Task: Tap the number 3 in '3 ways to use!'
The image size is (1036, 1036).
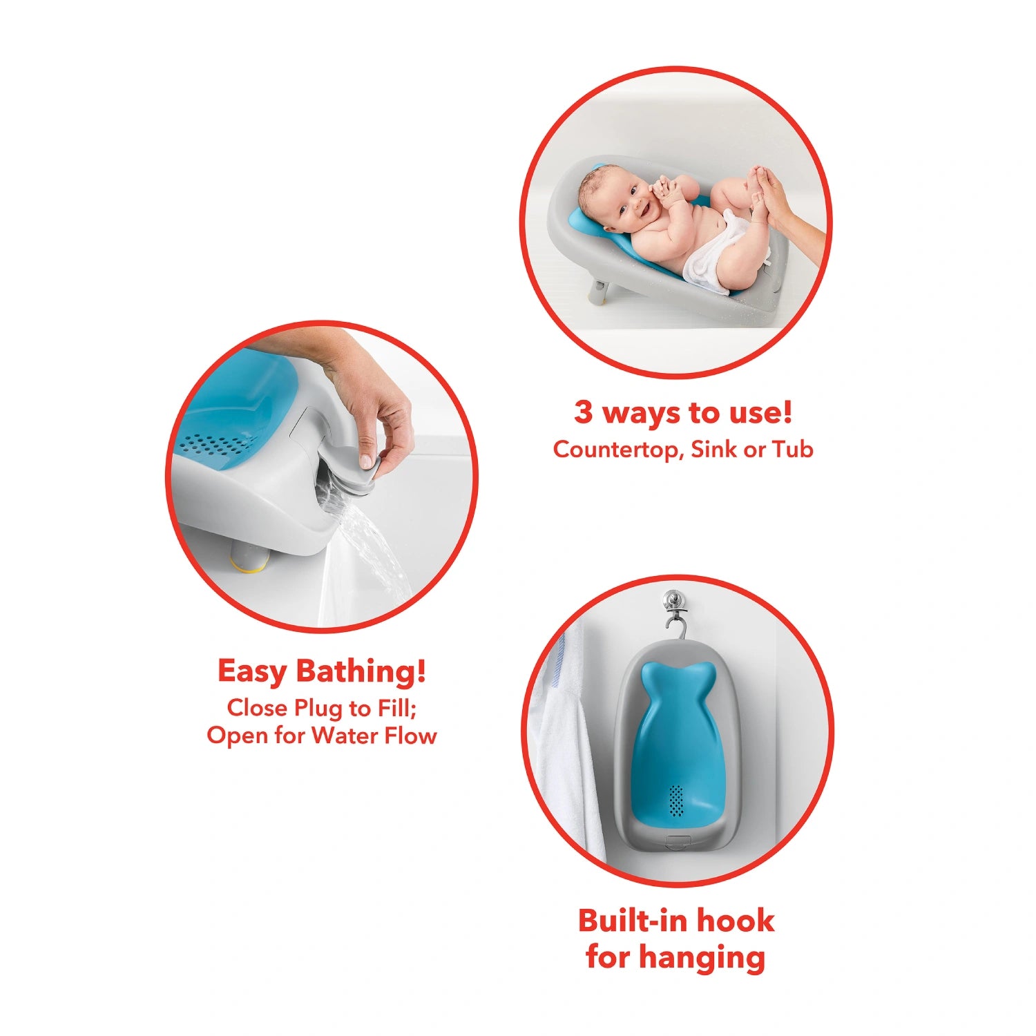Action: tap(584, 412)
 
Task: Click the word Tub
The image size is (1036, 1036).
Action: tap(793, 449)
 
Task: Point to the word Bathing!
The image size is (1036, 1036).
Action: tap(361, 671)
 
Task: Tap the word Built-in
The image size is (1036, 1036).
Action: tap(633, 921)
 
